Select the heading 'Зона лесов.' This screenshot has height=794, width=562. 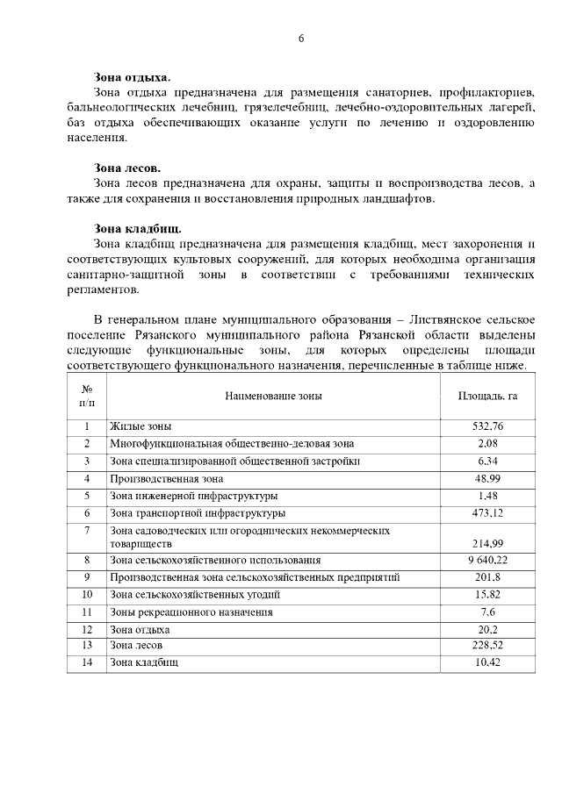[x=127, y=168]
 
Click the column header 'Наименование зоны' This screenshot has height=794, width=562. [x=273, y=396]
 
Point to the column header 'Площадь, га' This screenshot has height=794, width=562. [x=487, y=396]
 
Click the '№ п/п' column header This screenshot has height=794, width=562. [x=87, y=396]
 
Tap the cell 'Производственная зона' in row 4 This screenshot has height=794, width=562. [x=166, y=479]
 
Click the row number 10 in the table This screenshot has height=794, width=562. [x=87, y=595]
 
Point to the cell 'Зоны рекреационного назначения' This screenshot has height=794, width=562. [x=191, y=612]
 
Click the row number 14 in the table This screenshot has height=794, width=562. [x=87, y=662]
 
